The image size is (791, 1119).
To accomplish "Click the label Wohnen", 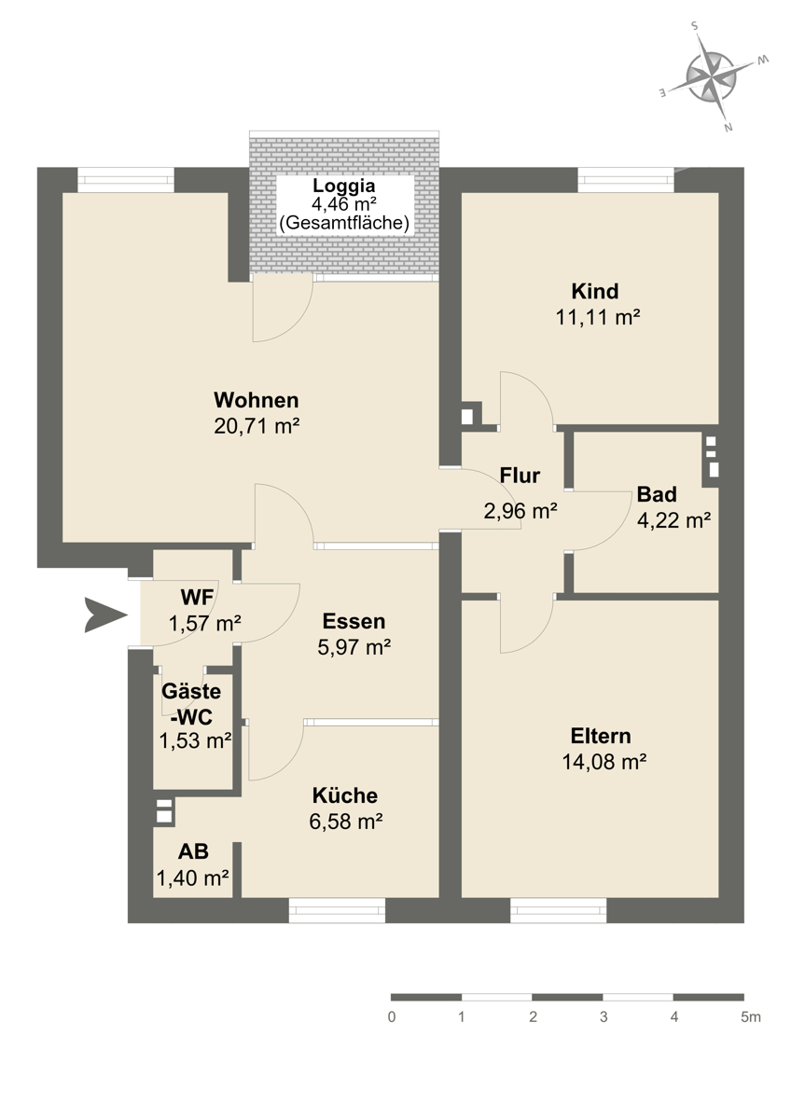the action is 257,400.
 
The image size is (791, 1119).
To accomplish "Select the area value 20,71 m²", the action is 257,426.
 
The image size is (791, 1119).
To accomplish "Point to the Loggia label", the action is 344,186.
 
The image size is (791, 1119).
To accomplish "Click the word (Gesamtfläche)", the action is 344,222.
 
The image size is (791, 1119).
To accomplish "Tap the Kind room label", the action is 594,291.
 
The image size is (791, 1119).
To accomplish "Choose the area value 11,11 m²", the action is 598,317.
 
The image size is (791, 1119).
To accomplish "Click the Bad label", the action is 657,494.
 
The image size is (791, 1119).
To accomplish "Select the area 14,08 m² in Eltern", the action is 604,762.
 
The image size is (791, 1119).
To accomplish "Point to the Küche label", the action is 345,795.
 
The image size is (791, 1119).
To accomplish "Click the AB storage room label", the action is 193,851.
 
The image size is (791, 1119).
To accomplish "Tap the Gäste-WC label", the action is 192,704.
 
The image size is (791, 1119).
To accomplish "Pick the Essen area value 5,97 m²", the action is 354,647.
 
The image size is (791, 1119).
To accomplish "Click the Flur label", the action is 520,476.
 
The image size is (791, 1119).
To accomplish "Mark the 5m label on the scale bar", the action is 751,1017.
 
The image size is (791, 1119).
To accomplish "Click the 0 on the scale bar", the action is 392,1017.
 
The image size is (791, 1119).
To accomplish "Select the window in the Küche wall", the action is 337,910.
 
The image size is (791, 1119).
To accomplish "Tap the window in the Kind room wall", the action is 626,180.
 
